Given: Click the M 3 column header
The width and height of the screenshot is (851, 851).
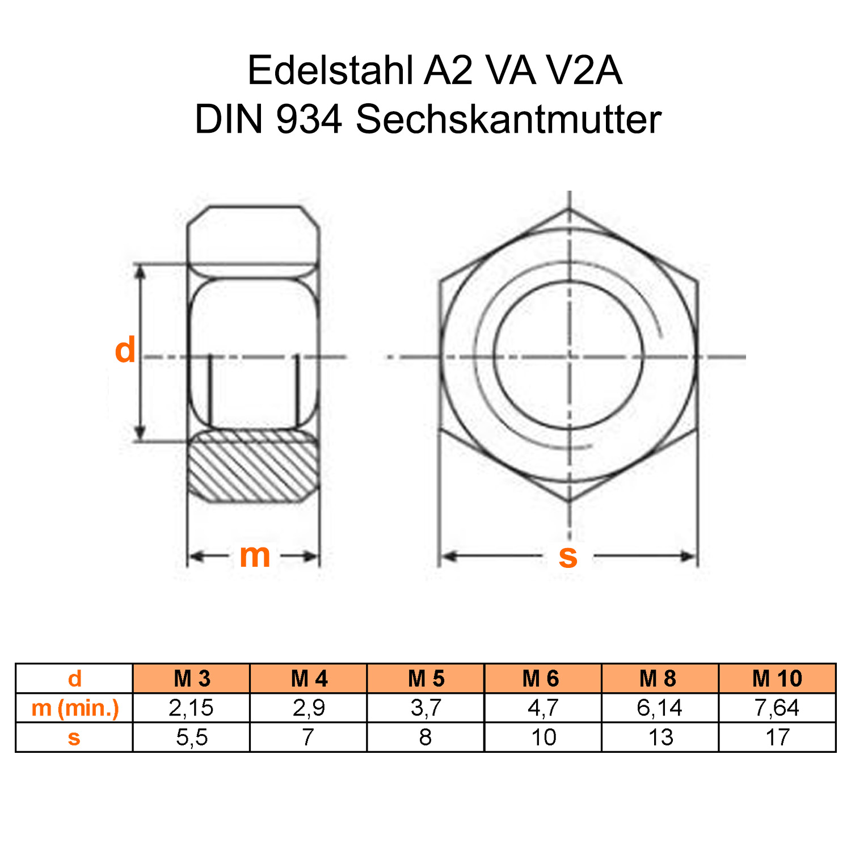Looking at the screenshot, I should [x=192, y=679].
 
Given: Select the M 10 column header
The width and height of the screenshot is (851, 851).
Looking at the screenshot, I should [x=777, y=679].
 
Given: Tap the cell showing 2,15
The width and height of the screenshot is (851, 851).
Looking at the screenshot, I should [x=191, y=708].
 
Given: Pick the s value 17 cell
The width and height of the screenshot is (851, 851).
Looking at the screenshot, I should [x=777, y=738].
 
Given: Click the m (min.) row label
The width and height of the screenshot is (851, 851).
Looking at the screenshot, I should [x=75, y=708].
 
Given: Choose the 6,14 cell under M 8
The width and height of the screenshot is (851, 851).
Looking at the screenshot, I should [x=659, y=708].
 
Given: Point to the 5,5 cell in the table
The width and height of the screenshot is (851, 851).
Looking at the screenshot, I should [x=192, y=738].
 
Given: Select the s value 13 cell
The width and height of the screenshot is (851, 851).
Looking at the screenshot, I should [x=660, y=738].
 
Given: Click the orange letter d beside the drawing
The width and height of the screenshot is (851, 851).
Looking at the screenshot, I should [x=125, y=350].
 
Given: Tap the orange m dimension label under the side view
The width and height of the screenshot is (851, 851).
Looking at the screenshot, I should [x=255, y=555].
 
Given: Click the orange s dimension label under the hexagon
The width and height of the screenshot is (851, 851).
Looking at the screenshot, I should [x=568, y=556].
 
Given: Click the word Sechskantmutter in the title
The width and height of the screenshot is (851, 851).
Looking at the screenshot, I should [x=508, y=120].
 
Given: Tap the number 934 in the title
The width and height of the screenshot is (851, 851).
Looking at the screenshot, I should [x=309, y=120].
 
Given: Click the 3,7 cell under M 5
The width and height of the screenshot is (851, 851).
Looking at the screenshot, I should [x=425, y=708].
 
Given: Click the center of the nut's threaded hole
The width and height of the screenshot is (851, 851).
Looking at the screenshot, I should [x=569, y=356].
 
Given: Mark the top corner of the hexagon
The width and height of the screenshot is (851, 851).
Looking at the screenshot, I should [x=569, y=209].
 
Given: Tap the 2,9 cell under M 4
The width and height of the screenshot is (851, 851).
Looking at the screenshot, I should [x=309, y=708].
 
